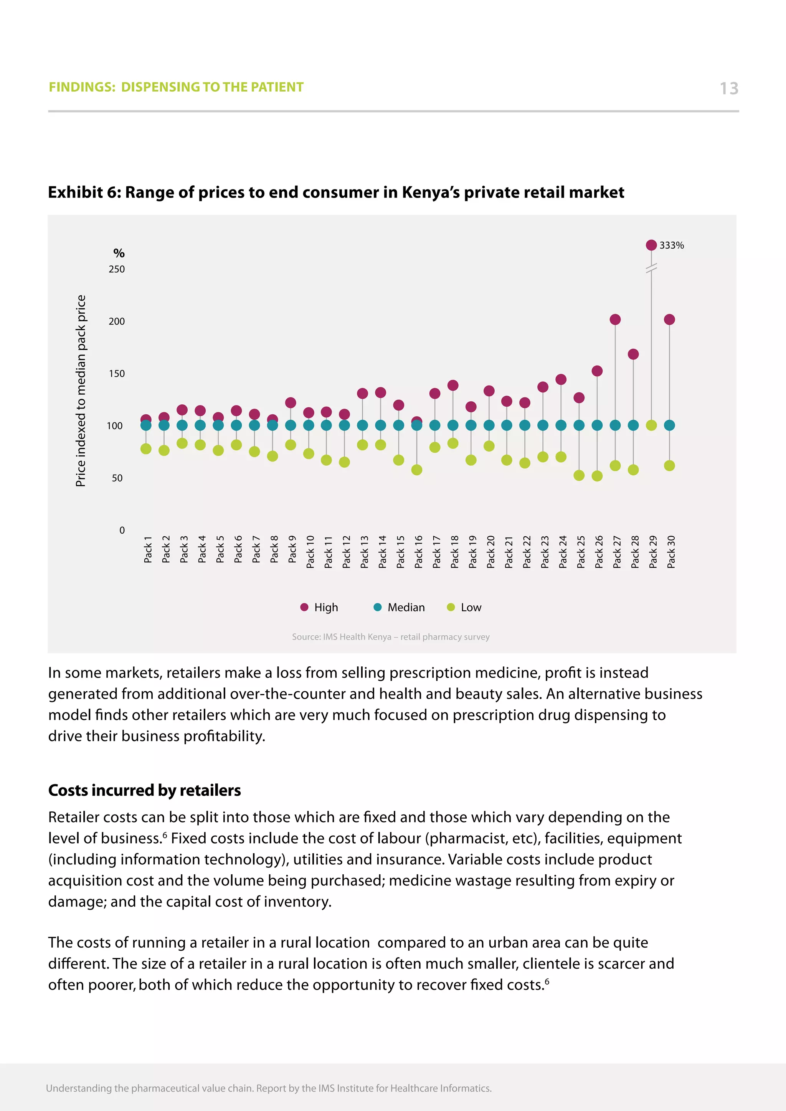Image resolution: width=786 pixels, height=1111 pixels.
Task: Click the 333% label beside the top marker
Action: click(671, 245)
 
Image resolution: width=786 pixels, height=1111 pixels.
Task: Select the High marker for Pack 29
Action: click(651, 245)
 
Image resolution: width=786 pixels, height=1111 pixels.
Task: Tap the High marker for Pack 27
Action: click(615, 319)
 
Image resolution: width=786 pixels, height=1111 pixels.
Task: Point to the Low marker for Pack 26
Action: click(597, 476)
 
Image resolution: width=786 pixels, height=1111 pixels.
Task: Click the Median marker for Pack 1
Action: click(146, 425)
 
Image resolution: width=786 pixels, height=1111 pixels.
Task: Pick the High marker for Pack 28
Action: click(633, 354)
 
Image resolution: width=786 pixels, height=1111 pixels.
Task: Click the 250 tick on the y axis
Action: click(117, 269)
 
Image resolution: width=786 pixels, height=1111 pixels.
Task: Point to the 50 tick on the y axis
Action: click(117, 478)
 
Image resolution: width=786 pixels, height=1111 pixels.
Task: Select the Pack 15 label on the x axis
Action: click(400, 552)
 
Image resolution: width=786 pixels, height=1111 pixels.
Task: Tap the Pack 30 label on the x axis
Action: click(671, 552)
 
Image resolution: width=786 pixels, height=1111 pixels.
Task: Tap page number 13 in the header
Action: click(728, 88)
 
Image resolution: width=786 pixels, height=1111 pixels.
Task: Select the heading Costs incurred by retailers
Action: click(144, 790)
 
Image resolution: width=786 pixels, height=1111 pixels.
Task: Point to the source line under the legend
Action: click(391, 637)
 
